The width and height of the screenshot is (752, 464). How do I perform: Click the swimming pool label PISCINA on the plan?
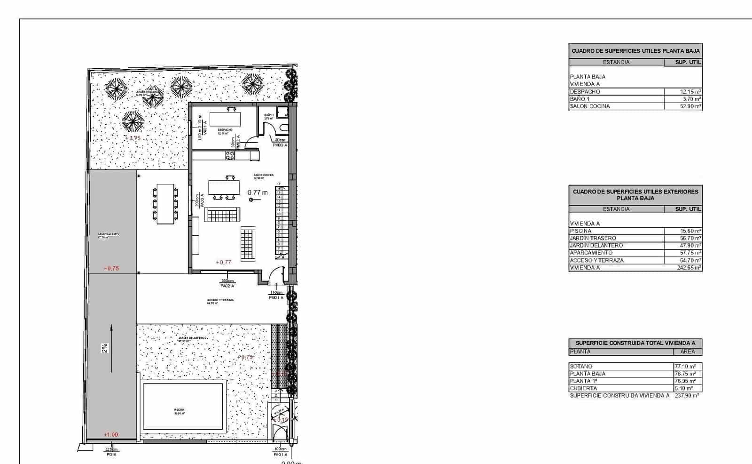click(179, 410)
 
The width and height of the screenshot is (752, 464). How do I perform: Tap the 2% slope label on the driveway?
click(105, 348)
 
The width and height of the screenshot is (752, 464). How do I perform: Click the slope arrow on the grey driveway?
click(111, 348)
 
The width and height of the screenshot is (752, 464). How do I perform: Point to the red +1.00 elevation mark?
click(111, 435)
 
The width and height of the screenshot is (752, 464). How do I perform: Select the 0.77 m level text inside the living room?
click(258, 192)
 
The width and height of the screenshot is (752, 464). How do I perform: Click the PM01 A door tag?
click(276, 297)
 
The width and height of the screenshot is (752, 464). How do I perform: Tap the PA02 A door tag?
click(227, 286)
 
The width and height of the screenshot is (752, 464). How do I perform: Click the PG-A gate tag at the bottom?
click(111, 455)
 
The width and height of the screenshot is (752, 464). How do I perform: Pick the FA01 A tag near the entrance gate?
click(280, 455)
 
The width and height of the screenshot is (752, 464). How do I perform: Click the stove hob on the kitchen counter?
click(230, 155)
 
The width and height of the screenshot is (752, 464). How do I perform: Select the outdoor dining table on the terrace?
click(165, 204)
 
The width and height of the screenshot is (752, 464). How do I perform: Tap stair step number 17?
click(279, 184)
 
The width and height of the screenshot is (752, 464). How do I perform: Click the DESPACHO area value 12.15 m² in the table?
click(690, 92)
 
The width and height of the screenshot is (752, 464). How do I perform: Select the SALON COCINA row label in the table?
click(590, 106)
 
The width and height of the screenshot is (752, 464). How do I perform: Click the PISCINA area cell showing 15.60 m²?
click(690, 231)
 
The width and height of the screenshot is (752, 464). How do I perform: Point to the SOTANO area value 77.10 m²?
click(685, 366)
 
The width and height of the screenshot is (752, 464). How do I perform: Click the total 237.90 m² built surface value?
click(686, 396)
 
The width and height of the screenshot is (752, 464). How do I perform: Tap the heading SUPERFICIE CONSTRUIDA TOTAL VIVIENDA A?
click(635, 343)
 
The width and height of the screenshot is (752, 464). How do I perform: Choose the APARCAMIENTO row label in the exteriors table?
click(591, 253)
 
